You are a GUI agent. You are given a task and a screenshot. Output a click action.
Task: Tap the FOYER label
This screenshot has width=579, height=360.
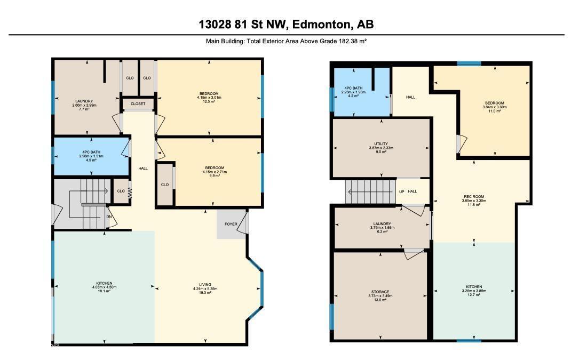(x=231, y=224)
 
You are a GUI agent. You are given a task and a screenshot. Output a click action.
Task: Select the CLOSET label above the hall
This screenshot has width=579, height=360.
(x=138, y=104)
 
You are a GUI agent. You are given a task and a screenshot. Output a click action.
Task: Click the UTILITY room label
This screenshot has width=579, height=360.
(x=381, y=143)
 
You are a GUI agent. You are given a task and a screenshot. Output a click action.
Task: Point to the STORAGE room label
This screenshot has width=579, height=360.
(x=380, y=292)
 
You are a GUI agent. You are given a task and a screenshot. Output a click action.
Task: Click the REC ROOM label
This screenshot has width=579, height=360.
(x=474, y=197)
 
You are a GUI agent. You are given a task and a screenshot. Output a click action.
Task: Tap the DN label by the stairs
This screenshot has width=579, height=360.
(x=109, y=217)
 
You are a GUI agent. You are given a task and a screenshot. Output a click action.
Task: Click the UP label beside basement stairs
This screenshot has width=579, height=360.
(x=402, y=191)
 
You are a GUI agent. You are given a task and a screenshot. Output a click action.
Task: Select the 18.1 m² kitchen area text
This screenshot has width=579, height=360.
(x=105, y=291)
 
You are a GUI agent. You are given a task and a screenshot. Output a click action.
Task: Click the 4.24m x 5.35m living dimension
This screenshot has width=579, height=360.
(x=205, y=289)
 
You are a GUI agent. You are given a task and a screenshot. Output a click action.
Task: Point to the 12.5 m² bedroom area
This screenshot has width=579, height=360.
(x=209, y=101)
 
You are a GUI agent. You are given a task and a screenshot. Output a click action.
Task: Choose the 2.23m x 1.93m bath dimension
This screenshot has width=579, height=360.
(x=353, y=92)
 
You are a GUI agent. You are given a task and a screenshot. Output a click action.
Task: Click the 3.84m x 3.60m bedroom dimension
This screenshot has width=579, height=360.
(x=495, y=107)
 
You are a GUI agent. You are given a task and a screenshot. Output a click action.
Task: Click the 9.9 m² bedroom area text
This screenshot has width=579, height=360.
(x=215, y=176)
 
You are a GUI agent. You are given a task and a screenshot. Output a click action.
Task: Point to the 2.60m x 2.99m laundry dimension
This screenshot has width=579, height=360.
(x=84, y=105)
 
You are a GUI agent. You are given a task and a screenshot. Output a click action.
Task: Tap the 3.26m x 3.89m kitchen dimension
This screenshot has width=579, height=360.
(x=474, y=291)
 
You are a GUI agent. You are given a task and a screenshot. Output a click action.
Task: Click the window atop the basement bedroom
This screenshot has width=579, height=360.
(x=469, y=63)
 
